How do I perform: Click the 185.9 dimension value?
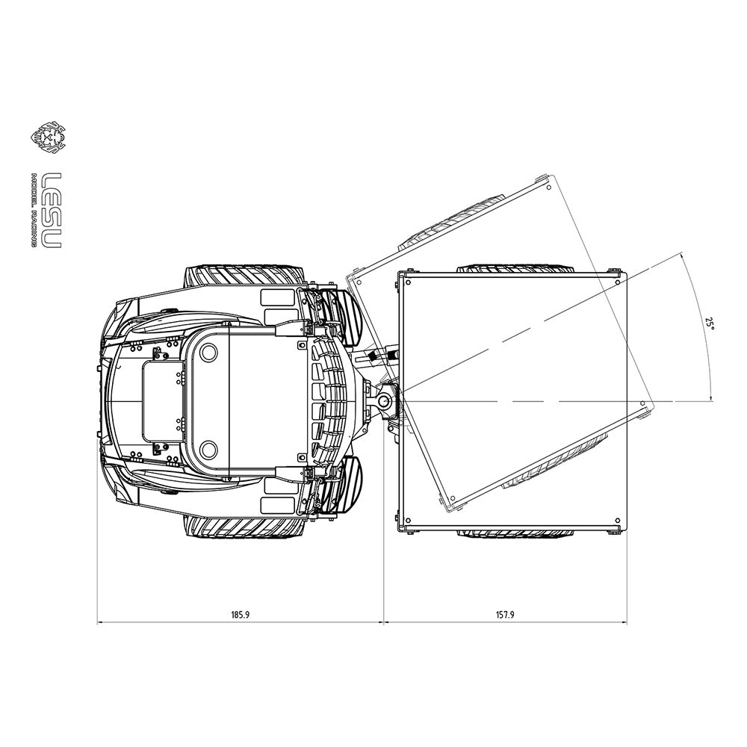click(240, 615)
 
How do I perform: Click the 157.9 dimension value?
click(505, 615)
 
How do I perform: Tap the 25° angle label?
click(710, 325)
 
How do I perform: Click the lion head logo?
click(48, 139)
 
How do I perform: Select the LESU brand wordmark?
click(52, 210)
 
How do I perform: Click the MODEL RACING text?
click(34, 210)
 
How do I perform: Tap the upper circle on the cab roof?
click(208, 353)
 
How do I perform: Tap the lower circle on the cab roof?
click(208, 449)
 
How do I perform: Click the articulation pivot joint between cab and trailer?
click(385, 401)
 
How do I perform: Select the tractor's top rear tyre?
click(244, 276)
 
